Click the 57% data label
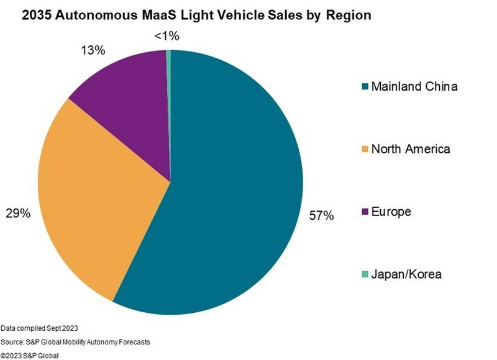point(322,216)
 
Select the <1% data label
point(166,37)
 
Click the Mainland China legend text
point(414,86)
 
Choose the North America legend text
point(411,149)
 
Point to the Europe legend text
point(391,212)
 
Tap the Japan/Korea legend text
point(406,274)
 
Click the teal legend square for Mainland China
point(365,87)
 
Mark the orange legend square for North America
point(365,150)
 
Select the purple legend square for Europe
point(365,212)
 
